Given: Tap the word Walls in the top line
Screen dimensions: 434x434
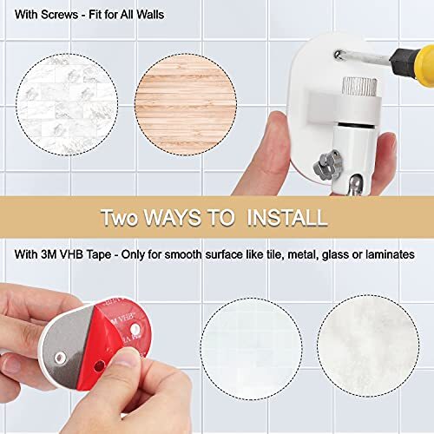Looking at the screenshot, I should click(x=169, y=14).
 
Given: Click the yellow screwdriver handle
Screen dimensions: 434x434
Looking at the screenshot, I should click(x=415, y=57).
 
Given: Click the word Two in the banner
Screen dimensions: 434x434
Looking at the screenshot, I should click(x=122, y=216).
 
